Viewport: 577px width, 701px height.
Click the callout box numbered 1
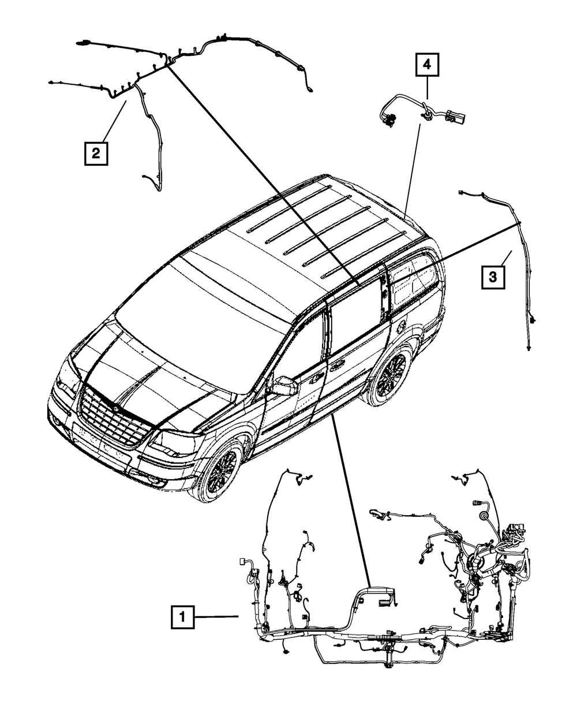coord(182,618)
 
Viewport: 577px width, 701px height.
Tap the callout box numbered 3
coord(493,278)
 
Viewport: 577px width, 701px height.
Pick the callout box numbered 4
coord(426,65)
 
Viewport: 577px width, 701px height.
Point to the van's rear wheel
coord(392,375)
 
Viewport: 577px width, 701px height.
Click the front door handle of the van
coord(316,379)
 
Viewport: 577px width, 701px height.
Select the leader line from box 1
coord(216,618)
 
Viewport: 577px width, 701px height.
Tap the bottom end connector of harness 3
coord(529,348)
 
